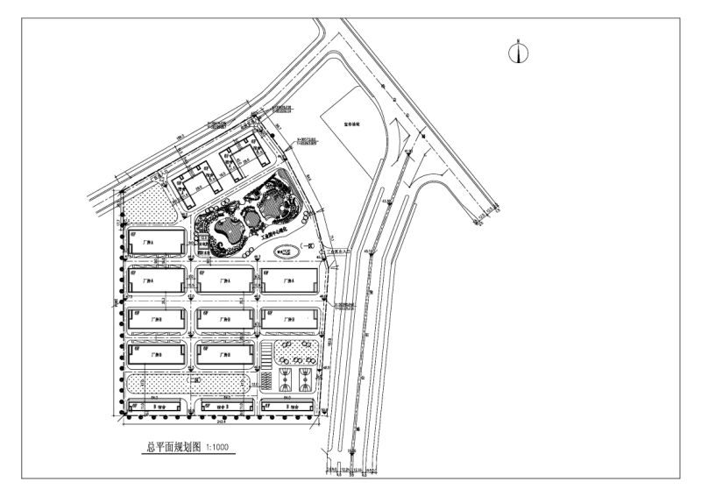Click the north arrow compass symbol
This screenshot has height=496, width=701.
(x=519, y=53)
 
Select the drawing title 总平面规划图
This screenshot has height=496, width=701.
(x=173, y=447)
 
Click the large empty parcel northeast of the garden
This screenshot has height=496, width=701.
(x=350, y=131)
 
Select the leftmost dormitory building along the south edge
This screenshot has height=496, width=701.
(x=156, y=406)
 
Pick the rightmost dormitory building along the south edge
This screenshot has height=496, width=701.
(x=287, y=406)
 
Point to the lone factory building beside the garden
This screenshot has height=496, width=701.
(x=156, y=244)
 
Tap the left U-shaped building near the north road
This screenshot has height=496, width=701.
(x=197, y=186)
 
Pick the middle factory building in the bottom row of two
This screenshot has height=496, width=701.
(x=224, y=354)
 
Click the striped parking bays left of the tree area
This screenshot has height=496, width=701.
(x=266, y=358)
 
